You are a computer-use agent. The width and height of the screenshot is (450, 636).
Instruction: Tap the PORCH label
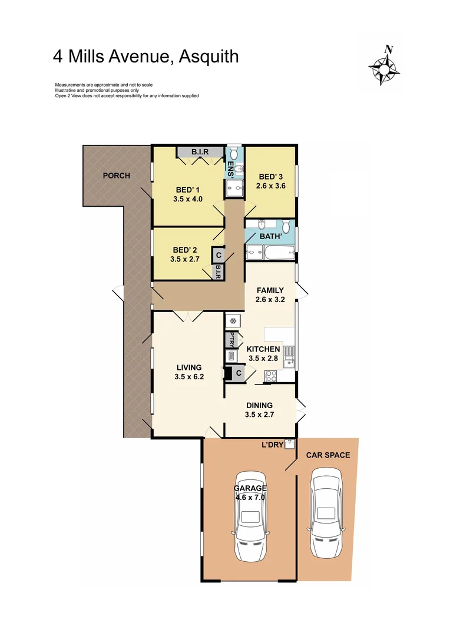116,175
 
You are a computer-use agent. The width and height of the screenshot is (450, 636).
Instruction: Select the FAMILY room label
270,290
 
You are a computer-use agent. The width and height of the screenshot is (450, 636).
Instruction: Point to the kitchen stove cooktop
270,375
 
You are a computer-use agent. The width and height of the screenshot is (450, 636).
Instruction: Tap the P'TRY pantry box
230,340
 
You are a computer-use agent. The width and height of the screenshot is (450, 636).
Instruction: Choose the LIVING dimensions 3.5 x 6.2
188,377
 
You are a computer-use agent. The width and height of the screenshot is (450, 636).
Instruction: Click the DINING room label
259,405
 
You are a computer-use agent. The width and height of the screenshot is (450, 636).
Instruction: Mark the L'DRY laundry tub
289,444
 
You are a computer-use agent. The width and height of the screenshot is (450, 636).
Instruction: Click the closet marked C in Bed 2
218,256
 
